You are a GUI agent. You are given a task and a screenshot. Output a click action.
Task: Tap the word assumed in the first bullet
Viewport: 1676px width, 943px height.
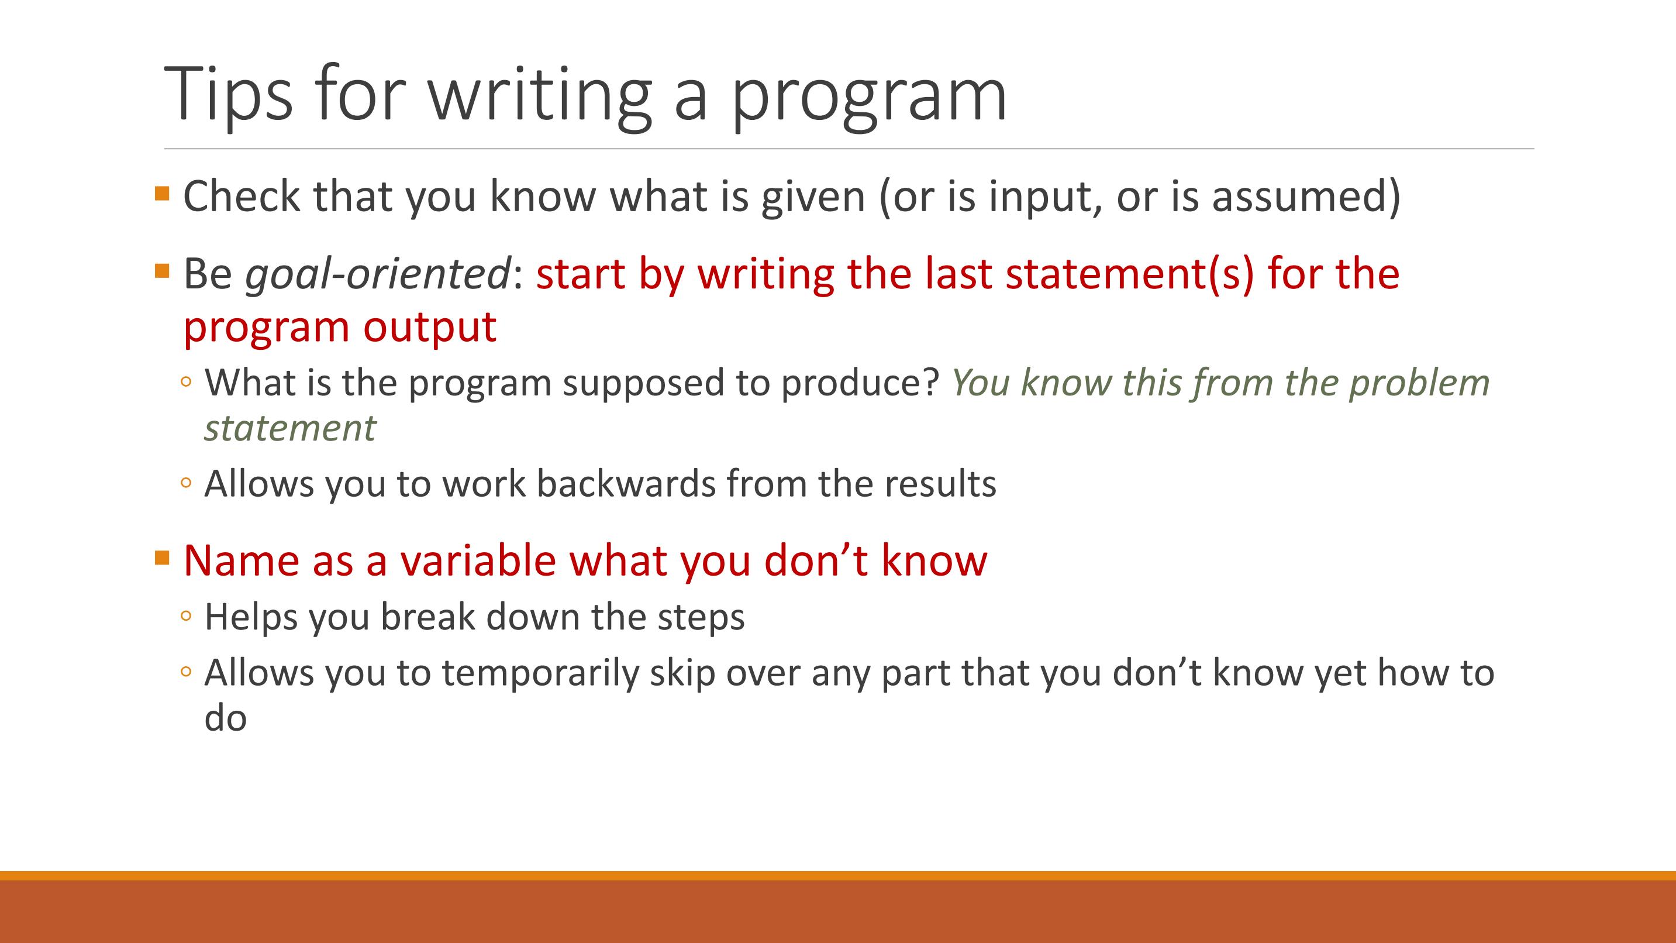(x=1306, y=196)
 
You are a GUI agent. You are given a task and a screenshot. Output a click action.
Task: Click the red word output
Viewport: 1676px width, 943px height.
(x=429, y=326)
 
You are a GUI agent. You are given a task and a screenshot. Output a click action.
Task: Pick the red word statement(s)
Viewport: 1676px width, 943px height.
(x=1129, y=274)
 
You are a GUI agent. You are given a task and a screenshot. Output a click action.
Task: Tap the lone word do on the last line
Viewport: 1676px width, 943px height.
(x=225, y=718)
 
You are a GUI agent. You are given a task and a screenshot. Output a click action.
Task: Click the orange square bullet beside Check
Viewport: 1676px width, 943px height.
(x=162, y=193)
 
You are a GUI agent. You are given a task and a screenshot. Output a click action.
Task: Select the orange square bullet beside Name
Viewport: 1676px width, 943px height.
(x=162, y=557)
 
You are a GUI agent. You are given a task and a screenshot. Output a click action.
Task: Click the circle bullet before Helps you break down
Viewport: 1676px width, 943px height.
(x=186, y=615)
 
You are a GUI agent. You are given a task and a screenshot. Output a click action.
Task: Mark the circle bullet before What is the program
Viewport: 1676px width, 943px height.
(x=186, y=381)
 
